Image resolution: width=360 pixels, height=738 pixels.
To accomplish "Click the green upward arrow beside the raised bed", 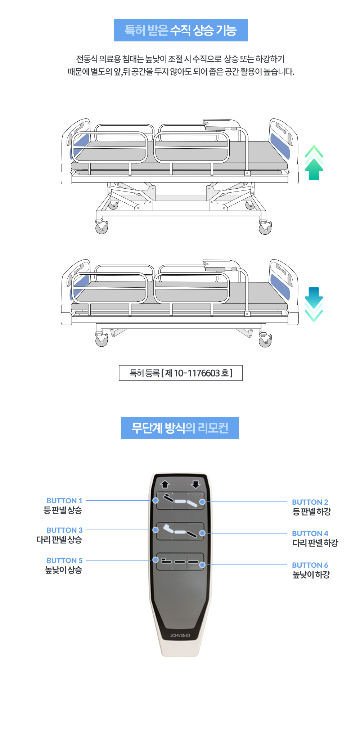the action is (x=314, y=163).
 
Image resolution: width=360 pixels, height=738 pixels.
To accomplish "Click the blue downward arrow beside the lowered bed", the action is (x=314, y=304).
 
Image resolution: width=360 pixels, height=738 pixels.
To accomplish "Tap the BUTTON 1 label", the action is (x=64, y=500).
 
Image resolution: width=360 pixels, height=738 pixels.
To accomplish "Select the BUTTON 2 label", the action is (x=310, y=502).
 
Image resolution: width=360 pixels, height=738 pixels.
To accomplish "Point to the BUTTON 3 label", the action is (x=64, y=530).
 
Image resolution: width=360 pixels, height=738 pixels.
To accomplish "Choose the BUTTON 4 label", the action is (x=310, y=533).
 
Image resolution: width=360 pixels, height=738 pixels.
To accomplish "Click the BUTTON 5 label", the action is (x=64, y=560).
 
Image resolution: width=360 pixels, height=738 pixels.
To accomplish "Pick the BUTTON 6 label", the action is (x=310, y=565).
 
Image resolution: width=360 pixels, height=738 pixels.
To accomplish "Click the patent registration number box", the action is (x=181, y=373).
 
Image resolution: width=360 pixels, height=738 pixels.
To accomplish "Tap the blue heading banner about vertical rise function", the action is (x=181, y=30).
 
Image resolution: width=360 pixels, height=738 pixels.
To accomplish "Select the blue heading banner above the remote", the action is (x=180, y=428).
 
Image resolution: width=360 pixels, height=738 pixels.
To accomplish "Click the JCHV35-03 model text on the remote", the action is (x=180, y=635).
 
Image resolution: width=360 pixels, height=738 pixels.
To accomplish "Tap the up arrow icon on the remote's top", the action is (x=165, y=484).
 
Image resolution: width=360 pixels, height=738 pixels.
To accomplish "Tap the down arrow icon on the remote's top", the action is (x=195, y=484).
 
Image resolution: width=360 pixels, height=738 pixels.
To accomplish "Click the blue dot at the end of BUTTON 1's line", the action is (x=156, y=500).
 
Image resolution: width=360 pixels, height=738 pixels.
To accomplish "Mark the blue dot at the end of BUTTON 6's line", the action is (x=202, y=565).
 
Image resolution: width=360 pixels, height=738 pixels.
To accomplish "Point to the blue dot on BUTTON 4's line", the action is (x=202, y=533).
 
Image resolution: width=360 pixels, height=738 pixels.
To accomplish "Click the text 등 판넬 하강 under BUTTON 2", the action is (x=312, y=512).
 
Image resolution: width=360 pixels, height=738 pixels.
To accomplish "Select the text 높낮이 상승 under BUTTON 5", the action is (x=63, y=570).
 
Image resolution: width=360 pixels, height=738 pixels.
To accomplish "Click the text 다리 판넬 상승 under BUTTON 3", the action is (x=59, y=540).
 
